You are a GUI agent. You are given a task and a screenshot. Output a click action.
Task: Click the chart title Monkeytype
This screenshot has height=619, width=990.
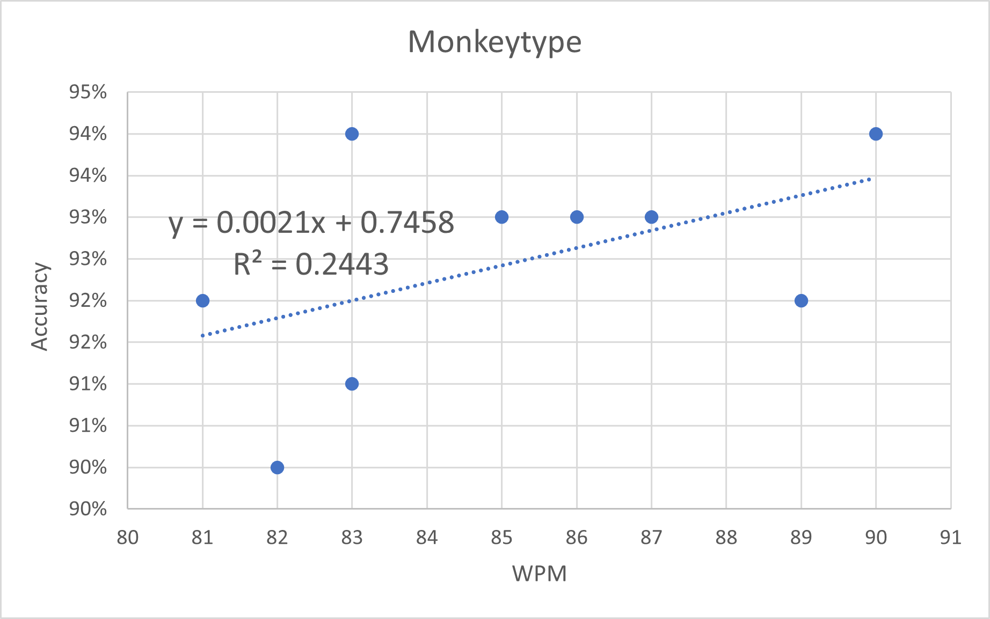[x=494, y=42]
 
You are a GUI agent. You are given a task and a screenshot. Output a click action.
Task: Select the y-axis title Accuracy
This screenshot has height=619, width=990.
[x=40, y=306]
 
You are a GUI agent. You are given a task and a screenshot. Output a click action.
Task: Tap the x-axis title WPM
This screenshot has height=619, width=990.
[x=539, y=573]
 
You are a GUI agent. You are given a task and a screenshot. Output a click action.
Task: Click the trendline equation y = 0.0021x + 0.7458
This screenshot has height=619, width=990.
[x=311, y=223]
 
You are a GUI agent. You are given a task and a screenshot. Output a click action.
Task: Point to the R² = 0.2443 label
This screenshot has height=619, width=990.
[x=311, y=264]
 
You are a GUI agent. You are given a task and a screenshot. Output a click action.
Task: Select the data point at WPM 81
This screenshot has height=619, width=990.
[x=202, y=300]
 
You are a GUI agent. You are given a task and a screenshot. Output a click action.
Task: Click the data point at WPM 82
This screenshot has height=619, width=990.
[x=277, y=468]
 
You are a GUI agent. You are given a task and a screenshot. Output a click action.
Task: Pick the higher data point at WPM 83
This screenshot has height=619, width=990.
[x=352, y=134]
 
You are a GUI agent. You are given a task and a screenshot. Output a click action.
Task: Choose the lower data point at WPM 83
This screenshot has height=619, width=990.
[x=352, y=384]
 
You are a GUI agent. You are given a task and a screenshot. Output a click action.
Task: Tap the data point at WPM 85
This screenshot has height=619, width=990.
[x=501, y=217]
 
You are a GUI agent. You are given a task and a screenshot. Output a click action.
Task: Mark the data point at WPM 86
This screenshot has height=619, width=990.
[x=577, y=217]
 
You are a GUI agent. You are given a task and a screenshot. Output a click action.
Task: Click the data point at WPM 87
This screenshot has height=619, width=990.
[x=651, y=217]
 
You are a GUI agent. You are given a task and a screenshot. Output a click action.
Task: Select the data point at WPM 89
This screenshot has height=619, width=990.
[x=801, y=300]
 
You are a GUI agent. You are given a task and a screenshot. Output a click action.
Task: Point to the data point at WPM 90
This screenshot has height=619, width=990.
[x=876, y=134]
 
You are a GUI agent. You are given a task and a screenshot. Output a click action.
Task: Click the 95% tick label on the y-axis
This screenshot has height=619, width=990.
[x=88, y=92]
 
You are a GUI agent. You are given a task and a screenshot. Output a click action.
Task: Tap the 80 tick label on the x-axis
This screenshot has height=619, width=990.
[x=128, y=537]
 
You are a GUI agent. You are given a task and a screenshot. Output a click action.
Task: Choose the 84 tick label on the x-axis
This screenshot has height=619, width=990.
[x=427, y=537]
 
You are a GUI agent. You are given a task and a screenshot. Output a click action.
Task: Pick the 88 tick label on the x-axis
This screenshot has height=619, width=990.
[x=726, y=537]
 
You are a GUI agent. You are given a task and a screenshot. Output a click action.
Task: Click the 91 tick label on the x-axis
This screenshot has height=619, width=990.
[x=950, y=537]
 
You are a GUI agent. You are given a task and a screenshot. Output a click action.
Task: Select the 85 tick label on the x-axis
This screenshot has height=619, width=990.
[x=501, y=537]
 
